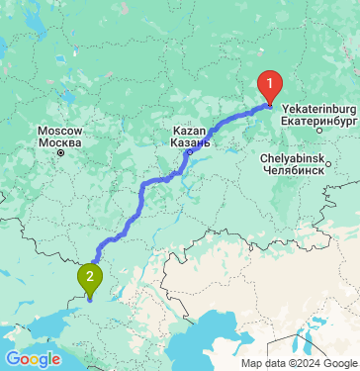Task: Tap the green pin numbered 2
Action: coord(90,278)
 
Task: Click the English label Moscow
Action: coord(59,131)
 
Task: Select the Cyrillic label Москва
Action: coord(59,141)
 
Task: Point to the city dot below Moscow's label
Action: coord(59,153)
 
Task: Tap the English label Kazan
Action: coord(190,131)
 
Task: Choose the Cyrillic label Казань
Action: coord(191,141)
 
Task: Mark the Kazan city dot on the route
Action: coord(188,153)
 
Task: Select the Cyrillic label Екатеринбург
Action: coord(318,119)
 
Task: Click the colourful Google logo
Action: coord(33,358)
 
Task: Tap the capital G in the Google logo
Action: coord(13,358)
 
